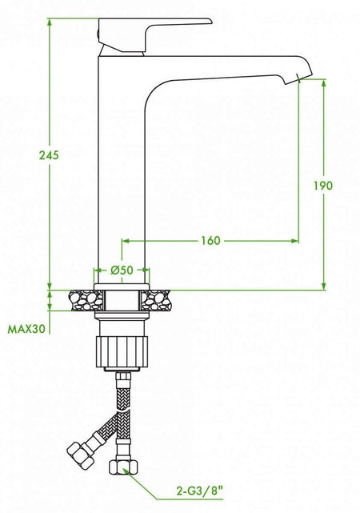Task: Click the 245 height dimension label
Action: pyautogui.click(x=49, y=155)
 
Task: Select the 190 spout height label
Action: pyautogui.click(x=323, y=186)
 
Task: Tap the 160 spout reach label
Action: pyautogui.click(x=210, y=241)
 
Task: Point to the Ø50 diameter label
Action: pyautogui.click(x=122, y=271)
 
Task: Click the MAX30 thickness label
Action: pyautogui.click(x=26, y=329)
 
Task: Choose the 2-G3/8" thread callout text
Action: pyautogui.click(x=201, y=491)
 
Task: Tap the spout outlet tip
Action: pyautogui.click(x=299, y=78)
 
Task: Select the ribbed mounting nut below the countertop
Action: pyautogui.click(x=122, y=351)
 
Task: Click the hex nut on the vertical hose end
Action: pyautogui.click(x=122, y=467)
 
